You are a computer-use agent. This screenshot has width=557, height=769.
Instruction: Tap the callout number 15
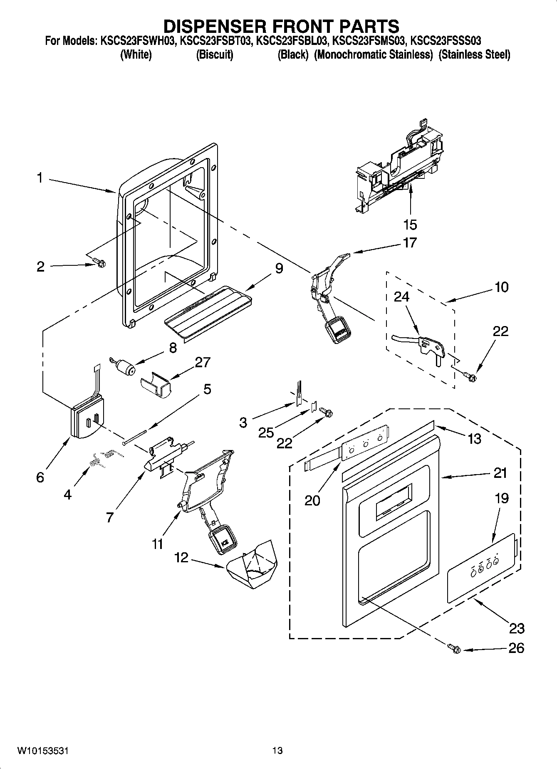(x=410, y=225)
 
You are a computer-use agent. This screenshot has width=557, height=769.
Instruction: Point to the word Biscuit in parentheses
(x=214, y=54)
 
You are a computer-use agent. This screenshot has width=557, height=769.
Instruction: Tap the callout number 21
(x=500, y=473)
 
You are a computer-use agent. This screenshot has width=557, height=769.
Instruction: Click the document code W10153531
(x=43, y=751)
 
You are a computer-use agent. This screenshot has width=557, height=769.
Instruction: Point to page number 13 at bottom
(x=277, y=751)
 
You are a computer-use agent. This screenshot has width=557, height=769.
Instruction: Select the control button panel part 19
(x=482, y=568)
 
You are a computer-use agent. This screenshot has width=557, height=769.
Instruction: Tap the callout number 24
(x=401, y=297)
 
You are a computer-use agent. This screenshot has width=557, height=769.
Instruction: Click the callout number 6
(x=40, y=477)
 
